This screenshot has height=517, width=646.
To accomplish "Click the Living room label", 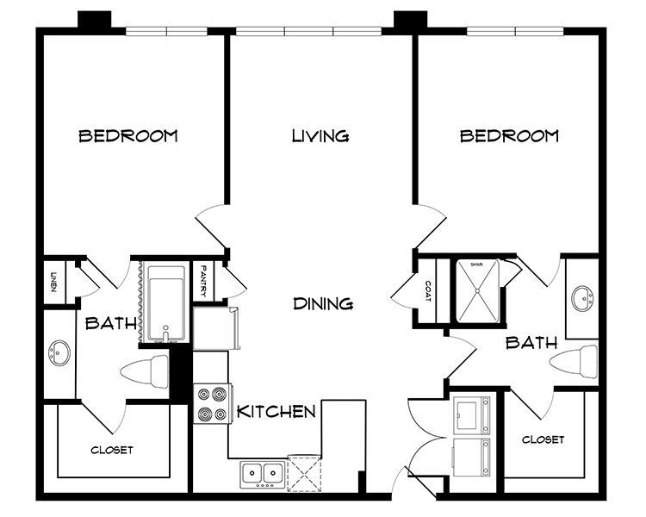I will (320, 136).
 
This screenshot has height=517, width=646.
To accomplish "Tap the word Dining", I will (323, 303).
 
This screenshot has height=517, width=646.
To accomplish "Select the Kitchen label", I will (276, 411).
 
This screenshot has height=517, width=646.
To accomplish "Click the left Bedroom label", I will (128, 136).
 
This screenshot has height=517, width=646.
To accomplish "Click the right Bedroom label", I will (509, 136).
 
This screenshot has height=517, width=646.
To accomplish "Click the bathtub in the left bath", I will (165, 302).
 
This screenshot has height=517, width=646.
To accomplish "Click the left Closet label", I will (112, 450).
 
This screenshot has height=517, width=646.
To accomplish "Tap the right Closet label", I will (544, 439).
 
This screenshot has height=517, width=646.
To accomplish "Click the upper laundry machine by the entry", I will (473, 415).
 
